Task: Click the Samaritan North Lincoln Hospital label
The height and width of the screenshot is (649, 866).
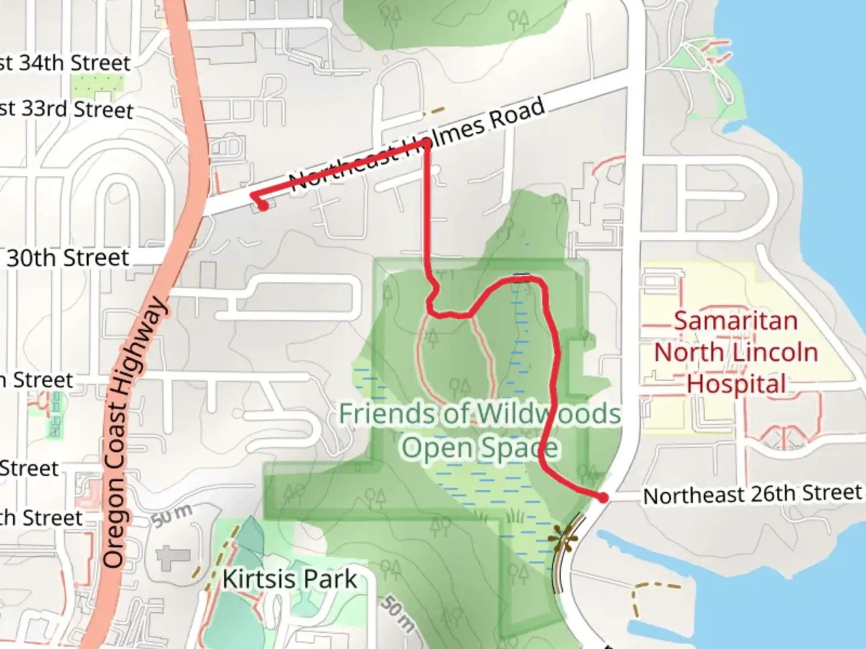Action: pyautogui.click(x=736, y=353)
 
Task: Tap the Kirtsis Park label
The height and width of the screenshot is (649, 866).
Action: pyautogui.click(x=290, y=579)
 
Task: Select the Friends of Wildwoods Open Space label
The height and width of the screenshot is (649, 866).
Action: pyautogui.click(x=479, y=430)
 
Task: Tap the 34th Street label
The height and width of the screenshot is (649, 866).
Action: pyautogui.click(x=66, y=62)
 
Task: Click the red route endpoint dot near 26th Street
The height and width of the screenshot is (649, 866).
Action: pyautogui.click(x=603, y=497)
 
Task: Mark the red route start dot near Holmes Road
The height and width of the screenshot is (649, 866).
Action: pyautogui.click(x=263, y=206)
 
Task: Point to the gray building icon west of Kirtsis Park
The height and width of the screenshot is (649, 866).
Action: pyautogui.click(x=173, y=558)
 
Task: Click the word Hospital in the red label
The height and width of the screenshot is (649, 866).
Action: pyautogui.click(x=736, y=384)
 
